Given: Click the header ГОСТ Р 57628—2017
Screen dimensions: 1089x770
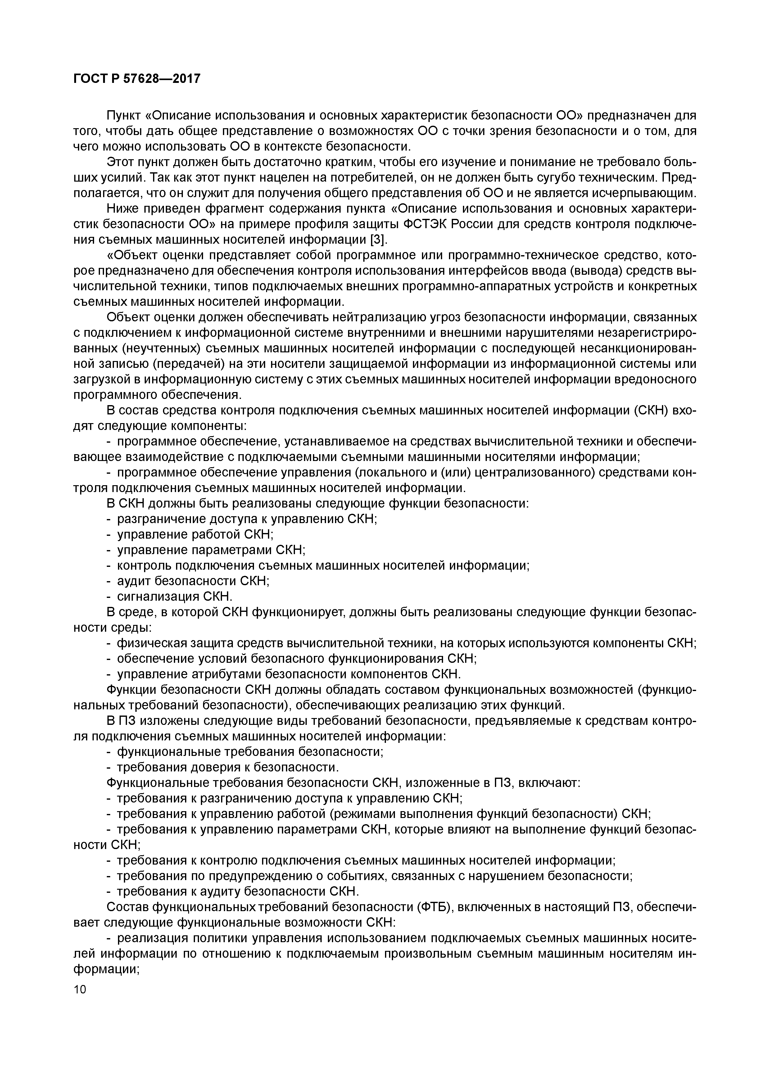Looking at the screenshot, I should (x=137, y=78).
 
